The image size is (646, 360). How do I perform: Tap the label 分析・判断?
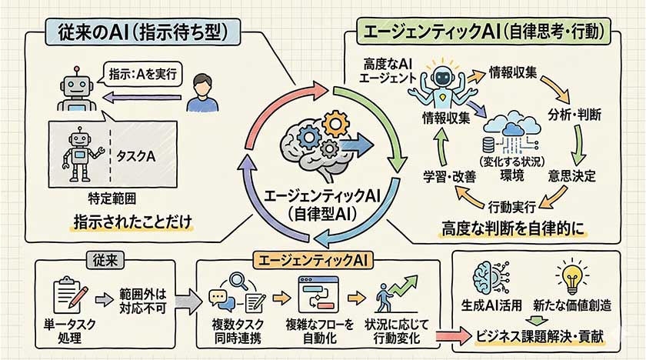(574, 113)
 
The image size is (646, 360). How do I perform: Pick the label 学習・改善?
(449, 175)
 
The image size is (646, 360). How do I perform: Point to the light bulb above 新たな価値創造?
(574, 280)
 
